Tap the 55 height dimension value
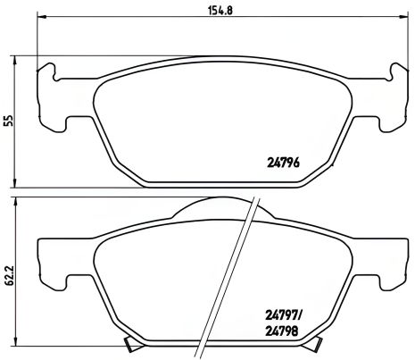point(9,121)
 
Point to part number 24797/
point(284,314)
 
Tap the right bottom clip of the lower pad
point(304,347)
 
